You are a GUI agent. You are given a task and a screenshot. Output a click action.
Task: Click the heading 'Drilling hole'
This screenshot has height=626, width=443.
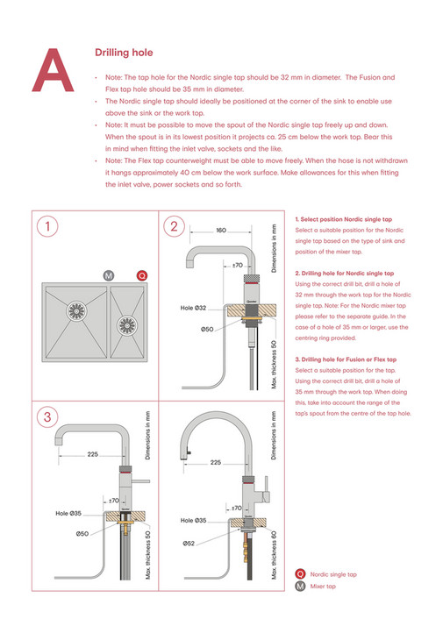pyautogui.click(x=124, y=53)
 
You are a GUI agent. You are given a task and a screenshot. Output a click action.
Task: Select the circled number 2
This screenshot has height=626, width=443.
pyautogui.click(x=174, y=227)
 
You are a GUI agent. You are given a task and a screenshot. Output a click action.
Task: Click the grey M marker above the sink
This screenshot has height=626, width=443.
pyautogui.click(x=108, y=275)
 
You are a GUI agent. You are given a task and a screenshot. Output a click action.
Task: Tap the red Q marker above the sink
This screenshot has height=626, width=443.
pyautogui.click(x=142, y=275)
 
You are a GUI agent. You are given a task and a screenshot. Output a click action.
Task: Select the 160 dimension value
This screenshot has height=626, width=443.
pyautogui.click(x=220, y=230)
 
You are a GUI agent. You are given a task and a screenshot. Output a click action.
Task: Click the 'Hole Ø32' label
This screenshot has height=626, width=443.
pyautogui.click(x=193, y=308)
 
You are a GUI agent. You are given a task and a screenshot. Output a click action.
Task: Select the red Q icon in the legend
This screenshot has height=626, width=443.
pyautogui.click(x=301, y=574)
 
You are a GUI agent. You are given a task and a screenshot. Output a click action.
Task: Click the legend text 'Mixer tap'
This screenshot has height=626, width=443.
pyautogui.click(x=324, y=586)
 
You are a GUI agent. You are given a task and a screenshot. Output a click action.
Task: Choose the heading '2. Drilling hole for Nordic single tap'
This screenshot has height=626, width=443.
pyautogui.click(x=345, y=274)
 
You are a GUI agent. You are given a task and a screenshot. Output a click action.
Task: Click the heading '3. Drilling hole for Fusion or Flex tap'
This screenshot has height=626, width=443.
pyautogui.click(x=346, y=359)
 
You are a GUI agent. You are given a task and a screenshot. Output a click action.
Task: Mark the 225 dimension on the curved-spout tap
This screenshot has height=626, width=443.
pyautogui.click(x=215, y=461)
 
